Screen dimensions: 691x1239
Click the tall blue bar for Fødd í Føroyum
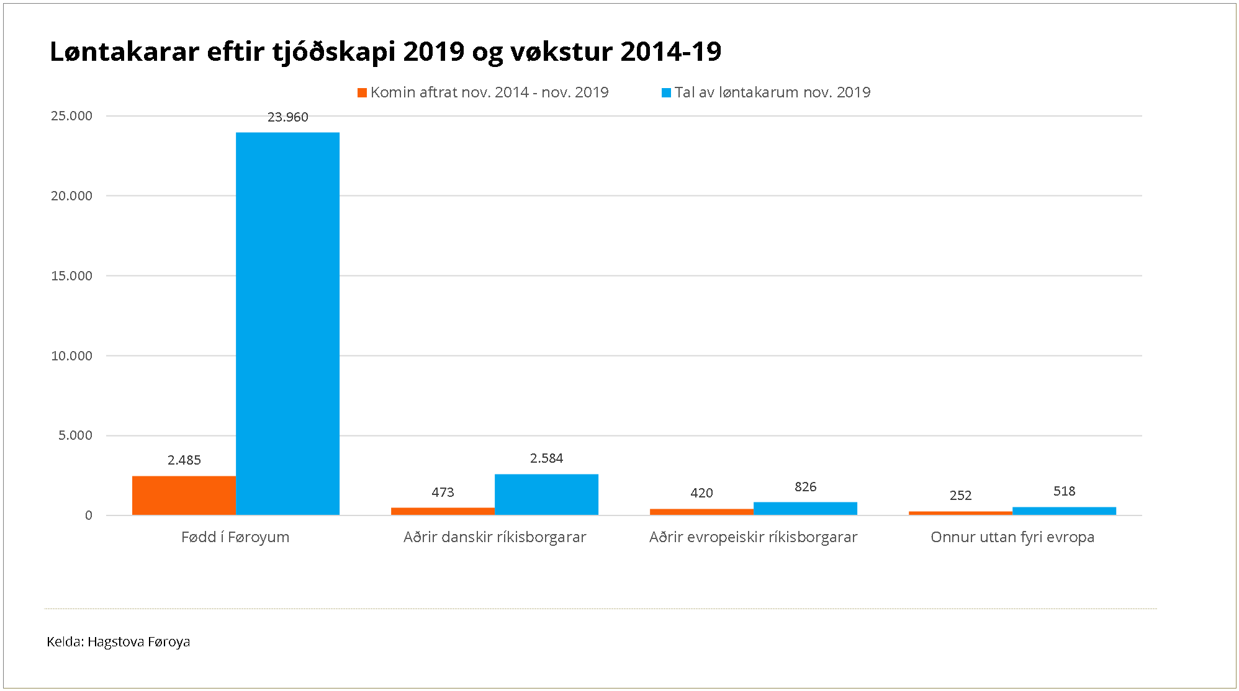287,323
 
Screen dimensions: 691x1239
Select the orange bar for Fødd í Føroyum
184,495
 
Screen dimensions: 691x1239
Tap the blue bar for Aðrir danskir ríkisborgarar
546,494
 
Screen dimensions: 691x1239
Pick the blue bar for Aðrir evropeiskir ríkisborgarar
805,508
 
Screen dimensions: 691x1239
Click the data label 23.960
287,117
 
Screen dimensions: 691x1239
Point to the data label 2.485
184,460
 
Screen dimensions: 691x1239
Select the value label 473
443,493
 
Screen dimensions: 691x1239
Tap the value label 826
805,487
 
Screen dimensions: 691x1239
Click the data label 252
960,496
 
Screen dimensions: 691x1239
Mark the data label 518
1064,491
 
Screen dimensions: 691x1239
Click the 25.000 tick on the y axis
71,116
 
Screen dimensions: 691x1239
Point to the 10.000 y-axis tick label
71,356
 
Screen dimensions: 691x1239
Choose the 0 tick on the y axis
89,515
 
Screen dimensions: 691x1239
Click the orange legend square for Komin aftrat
362,93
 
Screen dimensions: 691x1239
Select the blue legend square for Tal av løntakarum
666,93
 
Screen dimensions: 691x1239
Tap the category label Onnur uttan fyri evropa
1012,537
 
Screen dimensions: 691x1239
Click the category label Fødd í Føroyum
235,537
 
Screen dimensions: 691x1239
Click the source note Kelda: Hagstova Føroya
118,642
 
